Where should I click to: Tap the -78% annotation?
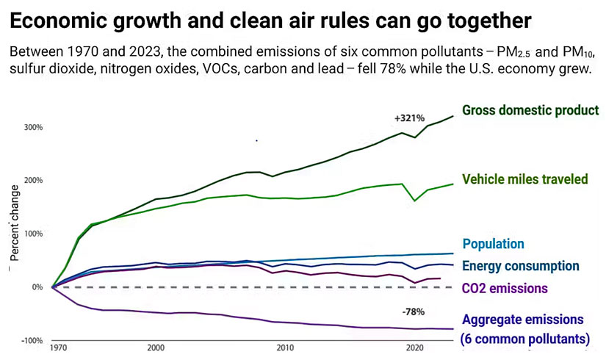pyautogui.click(x=414, y=312)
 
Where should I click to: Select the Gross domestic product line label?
pyautogui.click(x=530, y=110)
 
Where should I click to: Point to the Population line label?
pyautogui.click(x=493, y=244)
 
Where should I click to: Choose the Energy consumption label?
pyautogui.click(x=521, y=266)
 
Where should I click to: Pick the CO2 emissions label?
pyautogui.click(x=505, y=289)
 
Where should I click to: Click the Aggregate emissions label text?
pyautogui.click(x=522, y=320)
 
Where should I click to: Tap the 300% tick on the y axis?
pyautogui.click(x=33, y=127)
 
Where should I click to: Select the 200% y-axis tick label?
pyautogui.click(x=33, y=181)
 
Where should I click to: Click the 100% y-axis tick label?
pyautogui.click(x=33, y=234)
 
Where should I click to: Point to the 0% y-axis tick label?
pyautogui.click(x=37, y=287)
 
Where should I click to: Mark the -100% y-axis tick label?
pyautogui.click(x=32, y=341)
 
